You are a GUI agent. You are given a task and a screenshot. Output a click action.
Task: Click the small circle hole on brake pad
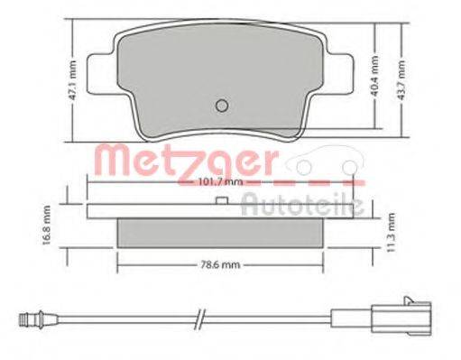tap(220, 105)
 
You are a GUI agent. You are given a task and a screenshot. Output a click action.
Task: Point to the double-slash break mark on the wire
tap(200, 317)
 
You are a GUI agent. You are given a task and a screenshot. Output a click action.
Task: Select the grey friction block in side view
tap(221, 234)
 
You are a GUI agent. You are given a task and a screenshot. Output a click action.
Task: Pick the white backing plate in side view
tap(221, 211)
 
